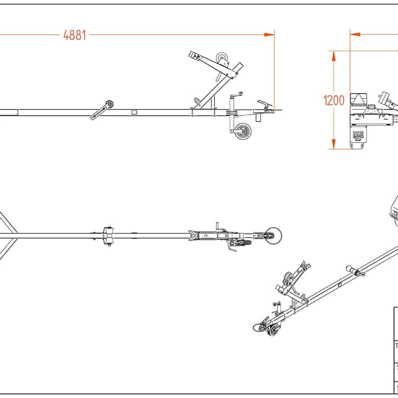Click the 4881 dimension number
[75, 35]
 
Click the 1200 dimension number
[334, 100]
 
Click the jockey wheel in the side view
[242, 131]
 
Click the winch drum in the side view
[222, 59]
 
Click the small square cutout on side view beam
[134, 112]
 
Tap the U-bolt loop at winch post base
[198, 101]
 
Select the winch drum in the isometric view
[287, 277]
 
